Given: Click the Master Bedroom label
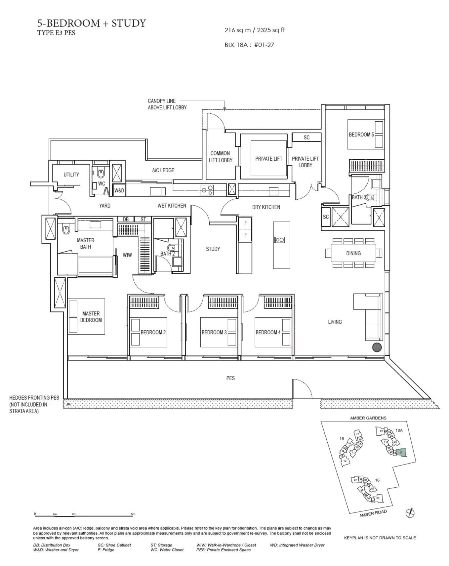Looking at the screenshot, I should (91, 317).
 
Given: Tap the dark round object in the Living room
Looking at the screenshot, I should (377, 347).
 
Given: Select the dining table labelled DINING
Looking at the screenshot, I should (353, 253).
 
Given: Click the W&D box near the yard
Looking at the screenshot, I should (119, 190).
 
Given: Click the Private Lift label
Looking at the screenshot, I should (268, 159).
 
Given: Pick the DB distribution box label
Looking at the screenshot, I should (126, 219).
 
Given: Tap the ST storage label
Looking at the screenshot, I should (143, 219).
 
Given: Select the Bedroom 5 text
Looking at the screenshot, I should (361, 135).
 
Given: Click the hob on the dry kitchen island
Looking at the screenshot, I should (280, 240).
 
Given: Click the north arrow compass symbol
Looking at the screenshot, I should (410, 513).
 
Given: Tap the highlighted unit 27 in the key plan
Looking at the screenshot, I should (401, 452).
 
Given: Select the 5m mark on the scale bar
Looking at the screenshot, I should (133, 514).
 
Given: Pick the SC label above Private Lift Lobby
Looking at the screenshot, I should (306, 138).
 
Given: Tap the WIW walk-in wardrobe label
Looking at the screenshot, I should (127, 255).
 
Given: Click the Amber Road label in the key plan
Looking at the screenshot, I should (373, 513).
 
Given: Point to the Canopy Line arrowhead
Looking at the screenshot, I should (224, 109).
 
